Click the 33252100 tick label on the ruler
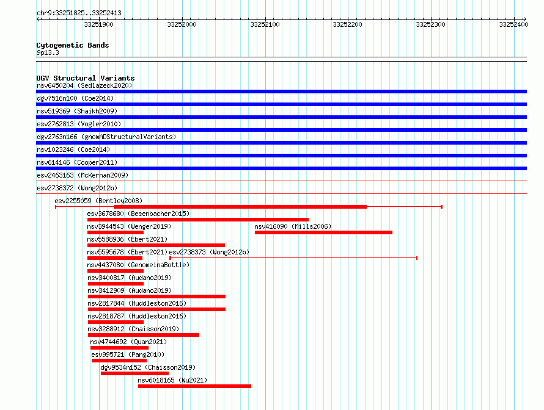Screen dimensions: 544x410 tap(265, 24)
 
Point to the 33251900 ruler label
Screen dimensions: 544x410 tap(98, 24)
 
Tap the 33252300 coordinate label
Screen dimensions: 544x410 tap(430, 24)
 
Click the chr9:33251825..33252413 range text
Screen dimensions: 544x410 tap(79, 13)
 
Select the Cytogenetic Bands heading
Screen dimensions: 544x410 tap(73, 45)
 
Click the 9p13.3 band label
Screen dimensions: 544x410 tap(48, 52)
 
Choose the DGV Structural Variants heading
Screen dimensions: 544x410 tap(86, 78)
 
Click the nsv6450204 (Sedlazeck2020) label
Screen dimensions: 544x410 tap(84, 85)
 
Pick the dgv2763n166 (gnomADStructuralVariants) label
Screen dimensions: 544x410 tap(106, 137)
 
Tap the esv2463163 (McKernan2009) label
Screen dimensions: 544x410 tap(83, 175)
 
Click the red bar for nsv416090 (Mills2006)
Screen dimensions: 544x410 tap(324, 232)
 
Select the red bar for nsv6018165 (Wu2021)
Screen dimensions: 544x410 tap(194, 386)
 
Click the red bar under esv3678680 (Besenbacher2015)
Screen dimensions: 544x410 tap(198, 220)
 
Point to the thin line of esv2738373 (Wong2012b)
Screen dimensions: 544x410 tap(293, 258)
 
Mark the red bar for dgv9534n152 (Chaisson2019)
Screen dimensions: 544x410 tap(134, 373)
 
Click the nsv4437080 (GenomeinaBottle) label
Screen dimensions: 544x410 tap(138, 265)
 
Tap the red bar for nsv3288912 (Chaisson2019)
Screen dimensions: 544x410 tap(144, 335)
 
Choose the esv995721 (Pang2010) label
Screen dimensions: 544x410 tap(128, 354)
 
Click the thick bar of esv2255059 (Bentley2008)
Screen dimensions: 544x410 tap(240, 207)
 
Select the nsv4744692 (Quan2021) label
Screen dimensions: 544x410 tap(128, 342)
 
